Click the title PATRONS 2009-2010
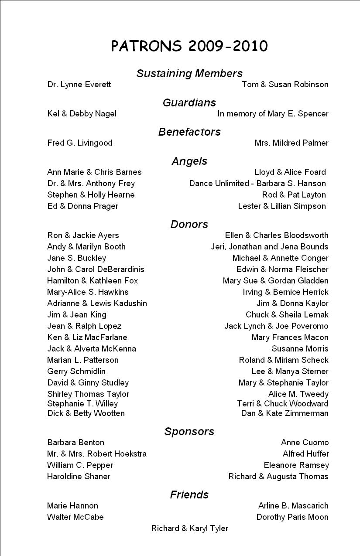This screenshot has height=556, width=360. [x=189, y=46]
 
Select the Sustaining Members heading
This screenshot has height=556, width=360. [x=189, y=73]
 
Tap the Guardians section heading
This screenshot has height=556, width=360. [x=189, y=102]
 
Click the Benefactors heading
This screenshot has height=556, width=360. [x=189, y=132]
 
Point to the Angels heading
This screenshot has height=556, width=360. [x=189, y=161]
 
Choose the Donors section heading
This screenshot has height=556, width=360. [x=189, y=224]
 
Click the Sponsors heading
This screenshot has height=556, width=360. [x=189, y=431]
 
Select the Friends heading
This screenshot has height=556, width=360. [x=189, y=495]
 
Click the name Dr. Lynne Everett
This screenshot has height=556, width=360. [x=79, y=85]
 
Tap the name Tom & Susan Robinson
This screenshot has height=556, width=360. [x=285, y=85]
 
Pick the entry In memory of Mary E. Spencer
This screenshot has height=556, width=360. [x=273, y=114]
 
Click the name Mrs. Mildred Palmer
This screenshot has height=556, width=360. [x=291, y=143]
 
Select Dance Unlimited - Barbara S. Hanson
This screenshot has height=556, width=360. [x=257, y=184]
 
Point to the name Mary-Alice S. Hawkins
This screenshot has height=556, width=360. [x=88, y=292]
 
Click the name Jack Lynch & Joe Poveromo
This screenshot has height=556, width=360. [x=276, y=326]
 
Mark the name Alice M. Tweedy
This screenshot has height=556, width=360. [x=298, y=394]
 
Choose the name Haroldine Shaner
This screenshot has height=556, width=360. [x=79, y=477]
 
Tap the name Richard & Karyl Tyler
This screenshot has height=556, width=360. [x=189, y=529]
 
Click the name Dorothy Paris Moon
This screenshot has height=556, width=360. [x=292, y=517]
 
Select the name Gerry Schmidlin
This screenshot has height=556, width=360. [x=76, y=372]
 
